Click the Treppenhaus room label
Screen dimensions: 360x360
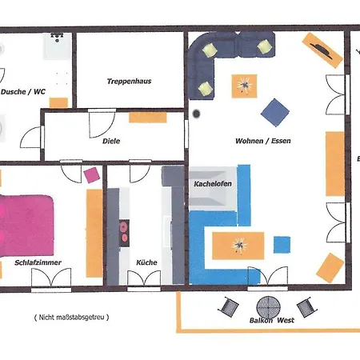129,81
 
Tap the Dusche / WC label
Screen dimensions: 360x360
23,92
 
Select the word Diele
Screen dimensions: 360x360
111,141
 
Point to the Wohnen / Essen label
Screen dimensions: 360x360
263,141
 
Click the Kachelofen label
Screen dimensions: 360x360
213,183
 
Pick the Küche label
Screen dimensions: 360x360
146,262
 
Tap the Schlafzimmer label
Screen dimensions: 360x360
38,262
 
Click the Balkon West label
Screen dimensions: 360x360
272,320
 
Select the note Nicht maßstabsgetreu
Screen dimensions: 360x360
71,318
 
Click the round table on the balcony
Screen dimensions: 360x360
268,307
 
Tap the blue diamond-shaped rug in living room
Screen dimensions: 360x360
275,113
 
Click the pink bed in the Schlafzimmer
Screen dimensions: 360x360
26,226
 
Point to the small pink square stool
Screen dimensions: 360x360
92,175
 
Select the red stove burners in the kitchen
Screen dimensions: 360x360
124,233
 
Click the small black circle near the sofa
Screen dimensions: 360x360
196,114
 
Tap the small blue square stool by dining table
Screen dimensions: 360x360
282,245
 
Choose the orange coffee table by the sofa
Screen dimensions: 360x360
244,86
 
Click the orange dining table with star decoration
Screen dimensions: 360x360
238,246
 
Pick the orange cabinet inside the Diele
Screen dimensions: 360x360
148,118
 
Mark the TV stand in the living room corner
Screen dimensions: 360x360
322,50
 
